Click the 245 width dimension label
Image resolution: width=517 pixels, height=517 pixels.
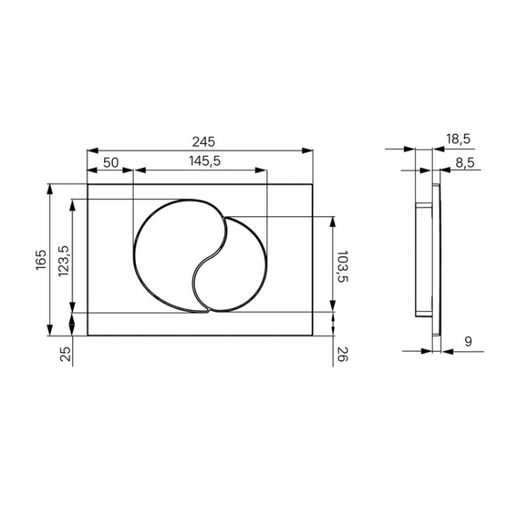[204, 142]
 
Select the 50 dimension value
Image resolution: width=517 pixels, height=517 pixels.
[111, 162]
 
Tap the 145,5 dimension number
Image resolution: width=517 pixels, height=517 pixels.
[204, 161]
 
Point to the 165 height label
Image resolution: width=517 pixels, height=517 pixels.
[41, 260]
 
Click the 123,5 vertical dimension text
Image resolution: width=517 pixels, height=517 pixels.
[64, 261]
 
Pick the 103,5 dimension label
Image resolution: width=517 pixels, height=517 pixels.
[343, 266]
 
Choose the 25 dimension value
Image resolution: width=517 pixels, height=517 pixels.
[66, 354]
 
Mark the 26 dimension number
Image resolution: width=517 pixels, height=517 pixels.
[343, 354]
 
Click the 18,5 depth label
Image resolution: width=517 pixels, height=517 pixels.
[459, 139]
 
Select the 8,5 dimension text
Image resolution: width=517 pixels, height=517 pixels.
[465, 162]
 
